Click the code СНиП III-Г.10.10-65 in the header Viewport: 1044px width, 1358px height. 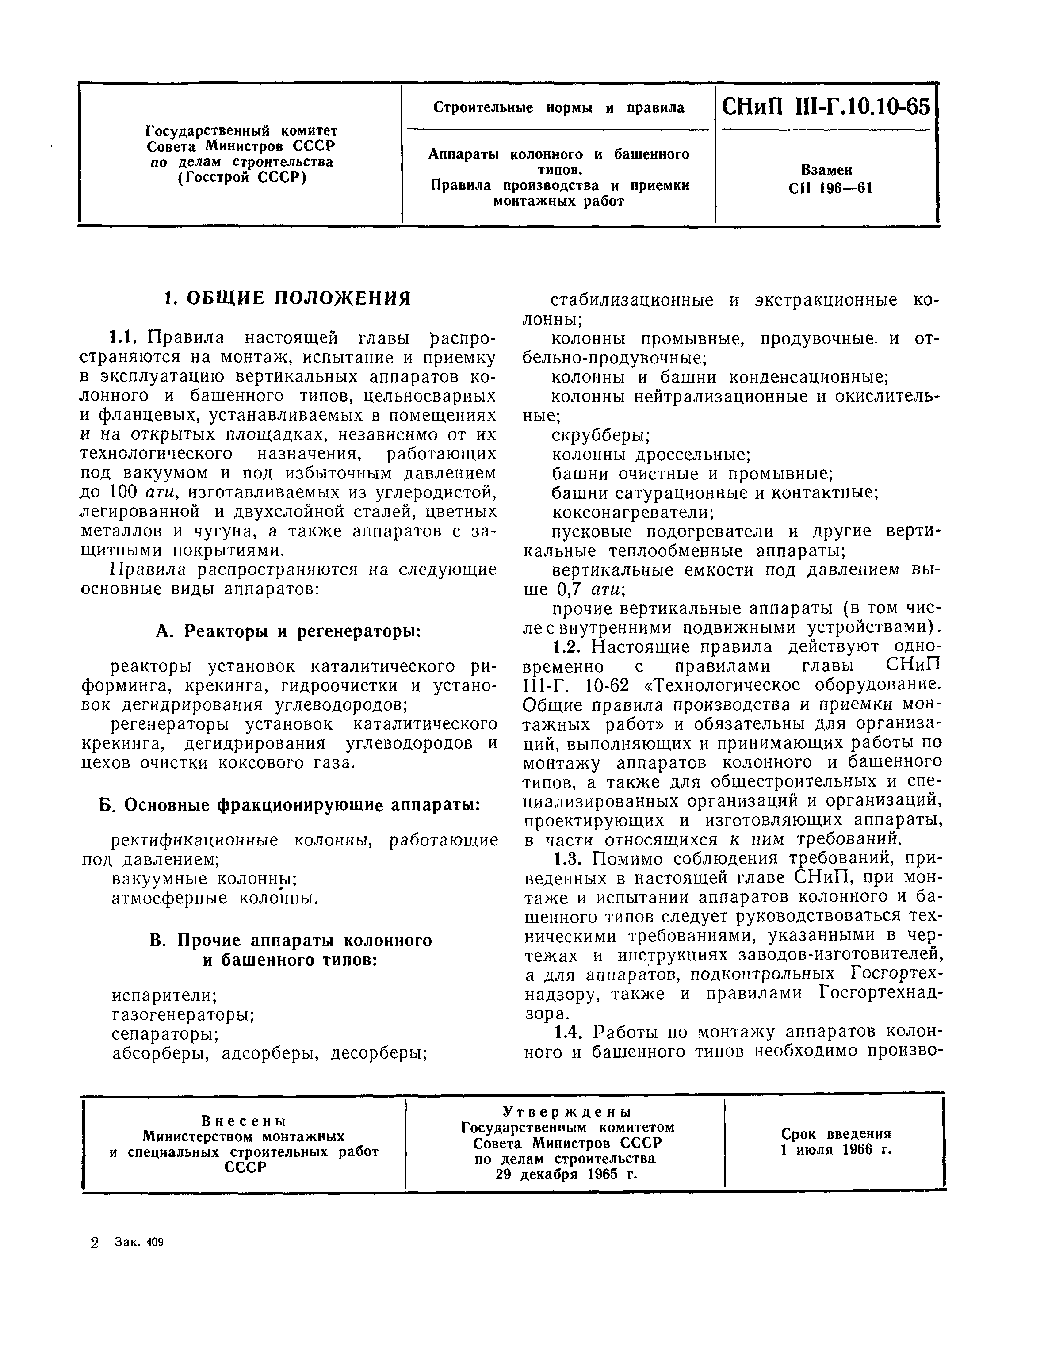tap(826, 107)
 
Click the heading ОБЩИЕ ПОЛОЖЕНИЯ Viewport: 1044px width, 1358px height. tap(287, 298)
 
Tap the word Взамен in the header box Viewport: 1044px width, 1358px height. tap(826, 170)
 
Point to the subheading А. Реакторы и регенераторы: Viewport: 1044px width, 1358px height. tap(288, 631)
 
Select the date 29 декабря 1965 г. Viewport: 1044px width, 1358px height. tap(567, 1174)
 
